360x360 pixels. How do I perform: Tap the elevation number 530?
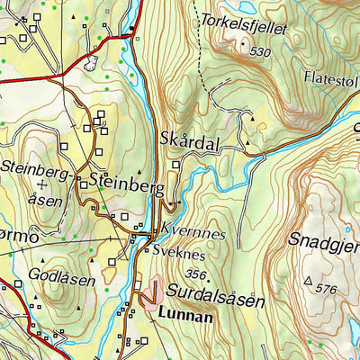click(260, 51)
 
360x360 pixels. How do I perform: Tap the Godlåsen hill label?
click(61, 279)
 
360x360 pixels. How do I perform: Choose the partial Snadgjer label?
click(324, 241)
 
